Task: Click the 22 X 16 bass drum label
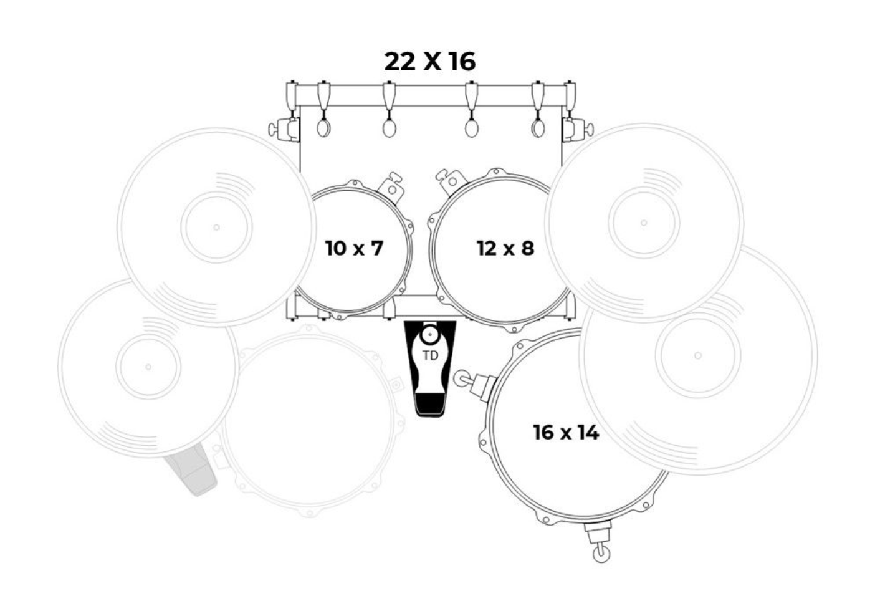pyautogui.click(x=430, y=61)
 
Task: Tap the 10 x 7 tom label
pyautogui.click(x=354, y=248)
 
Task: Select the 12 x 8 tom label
pyautogui.click(x=505, y=248)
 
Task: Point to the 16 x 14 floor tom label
pyautogui.click(x=566, y=432)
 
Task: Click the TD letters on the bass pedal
pyautogui.click(x=430, y=355)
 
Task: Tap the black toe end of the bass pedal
pyautogui.click(x=429, y=405)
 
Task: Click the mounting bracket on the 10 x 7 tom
pyautogui.click(x=391, y=188)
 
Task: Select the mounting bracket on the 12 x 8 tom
pyautogui.click(x=452, y=181)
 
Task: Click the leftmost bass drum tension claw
pyautogui.click(x=323, y=109)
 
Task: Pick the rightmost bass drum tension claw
pyautogui.click(x=538, y=109)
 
